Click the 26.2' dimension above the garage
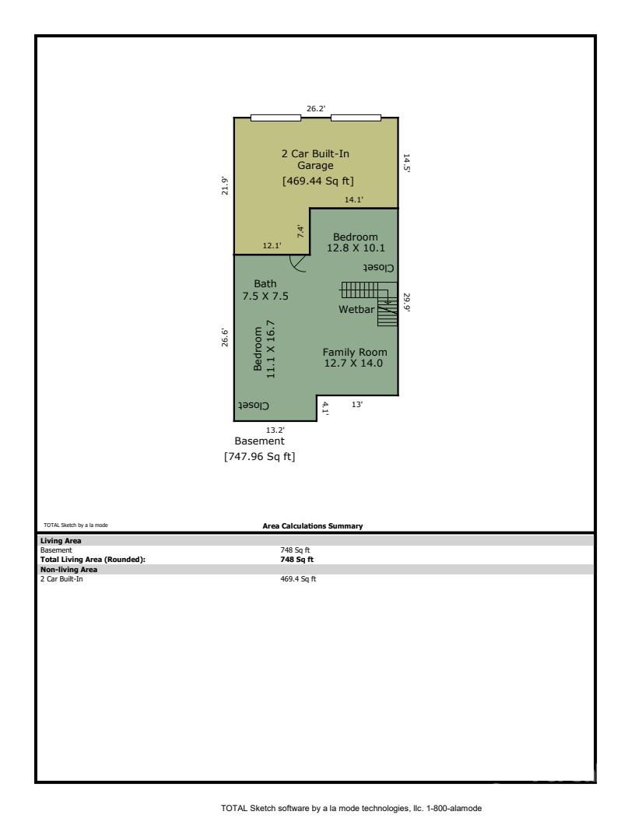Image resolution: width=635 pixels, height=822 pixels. click(316, 109)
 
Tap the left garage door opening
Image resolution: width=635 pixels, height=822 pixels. click(275, 118)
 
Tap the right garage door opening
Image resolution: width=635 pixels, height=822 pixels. click(356, 118)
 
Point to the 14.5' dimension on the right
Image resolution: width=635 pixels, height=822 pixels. click(405, 163)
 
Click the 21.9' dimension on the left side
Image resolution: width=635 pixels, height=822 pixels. click(226, 186)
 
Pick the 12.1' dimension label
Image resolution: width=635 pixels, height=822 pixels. click(272, 246)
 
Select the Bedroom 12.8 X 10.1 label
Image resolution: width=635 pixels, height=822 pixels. click(356, 242)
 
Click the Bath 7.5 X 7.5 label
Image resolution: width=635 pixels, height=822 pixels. click(265, 290)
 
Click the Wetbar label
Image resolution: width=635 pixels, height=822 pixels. click(356, 309)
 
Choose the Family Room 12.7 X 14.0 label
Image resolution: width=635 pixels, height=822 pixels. click(355, 357)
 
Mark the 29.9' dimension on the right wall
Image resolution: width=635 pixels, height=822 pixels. click(405, 302)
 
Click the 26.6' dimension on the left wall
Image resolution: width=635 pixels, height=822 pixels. click(226, 337)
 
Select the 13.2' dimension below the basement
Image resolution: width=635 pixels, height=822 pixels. click(275, 430)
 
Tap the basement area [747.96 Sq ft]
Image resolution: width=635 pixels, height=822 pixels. click(260, 457)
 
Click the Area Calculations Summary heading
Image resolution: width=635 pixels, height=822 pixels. click(313, 526)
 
